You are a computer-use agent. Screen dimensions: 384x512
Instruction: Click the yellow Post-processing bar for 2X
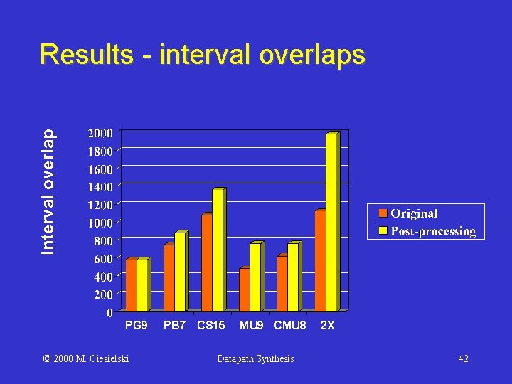(331, 223)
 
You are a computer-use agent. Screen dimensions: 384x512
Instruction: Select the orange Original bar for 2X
(319, 261)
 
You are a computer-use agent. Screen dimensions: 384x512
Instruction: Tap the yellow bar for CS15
(218, 250)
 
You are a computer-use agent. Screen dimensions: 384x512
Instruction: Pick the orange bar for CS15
(206, 263)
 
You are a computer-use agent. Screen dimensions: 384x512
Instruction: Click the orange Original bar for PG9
(131, 285)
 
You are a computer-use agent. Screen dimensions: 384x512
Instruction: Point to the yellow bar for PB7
(180, 272)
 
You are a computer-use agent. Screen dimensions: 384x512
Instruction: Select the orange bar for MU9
(244, 290)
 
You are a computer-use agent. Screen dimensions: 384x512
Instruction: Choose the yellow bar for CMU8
(293, 277)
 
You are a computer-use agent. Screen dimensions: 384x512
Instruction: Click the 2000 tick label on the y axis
(100, 133)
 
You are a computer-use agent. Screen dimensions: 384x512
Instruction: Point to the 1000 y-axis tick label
(100, 223)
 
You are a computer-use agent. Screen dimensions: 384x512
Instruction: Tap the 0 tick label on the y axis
(109, 313)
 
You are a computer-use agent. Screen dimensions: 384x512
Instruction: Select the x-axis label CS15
(211, 326)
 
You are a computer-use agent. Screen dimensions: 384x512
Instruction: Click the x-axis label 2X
(328, 326)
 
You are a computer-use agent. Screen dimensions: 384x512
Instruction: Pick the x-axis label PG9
(136, 326)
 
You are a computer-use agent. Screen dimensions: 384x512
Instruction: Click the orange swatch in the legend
(382, 213)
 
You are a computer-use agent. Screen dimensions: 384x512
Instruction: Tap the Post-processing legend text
(433, 231)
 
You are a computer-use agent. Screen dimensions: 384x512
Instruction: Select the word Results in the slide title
(86, 55)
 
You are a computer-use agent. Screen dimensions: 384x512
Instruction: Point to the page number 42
(463, 359)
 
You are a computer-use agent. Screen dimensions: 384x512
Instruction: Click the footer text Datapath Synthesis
(255, 359)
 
